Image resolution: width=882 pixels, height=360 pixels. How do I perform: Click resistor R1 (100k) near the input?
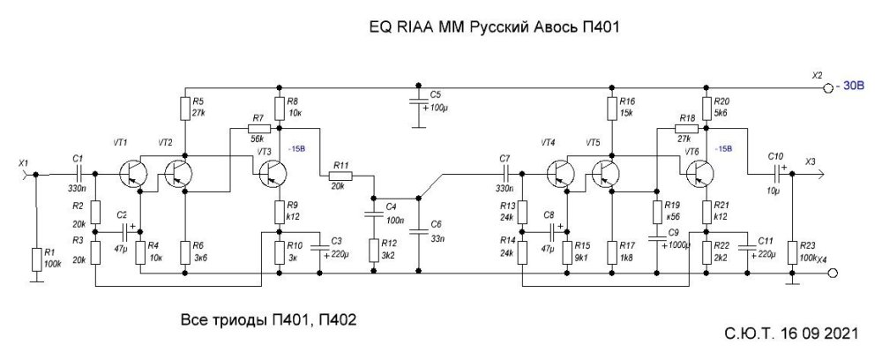(35, 258)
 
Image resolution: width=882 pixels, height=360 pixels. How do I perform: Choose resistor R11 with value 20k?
(342, 176)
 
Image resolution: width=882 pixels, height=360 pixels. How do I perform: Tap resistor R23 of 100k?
(792, 250)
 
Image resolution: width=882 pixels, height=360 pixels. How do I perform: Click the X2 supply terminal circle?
(827, 89)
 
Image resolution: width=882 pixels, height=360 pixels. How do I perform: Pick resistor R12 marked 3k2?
(374, 250)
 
